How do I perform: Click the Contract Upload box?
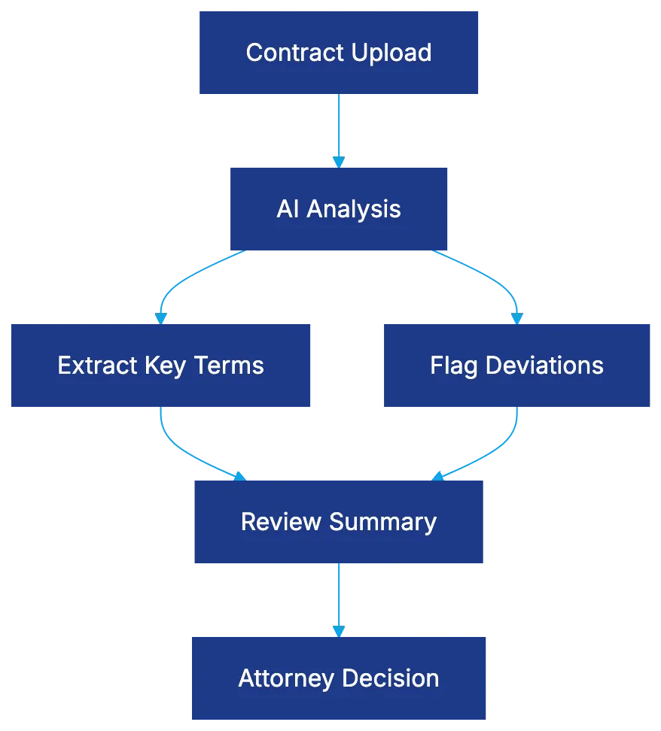pos(339,52)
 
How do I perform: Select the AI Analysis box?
pos(339,208)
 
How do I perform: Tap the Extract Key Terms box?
pos(160,365)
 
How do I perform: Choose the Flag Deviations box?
pos(516,365)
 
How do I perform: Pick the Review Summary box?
pos(339,522)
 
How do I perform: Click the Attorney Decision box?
pos(339,678)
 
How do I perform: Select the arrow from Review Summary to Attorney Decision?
pos(339,598)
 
